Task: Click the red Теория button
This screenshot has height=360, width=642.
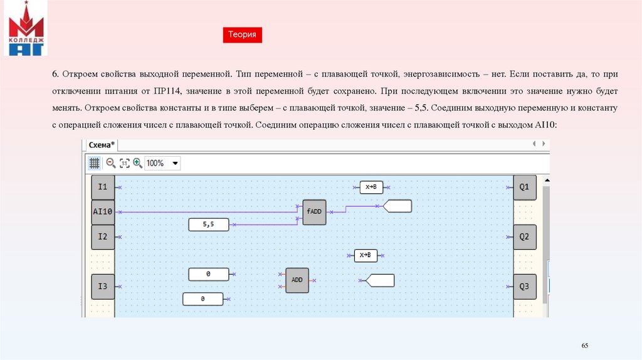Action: click(242, 35)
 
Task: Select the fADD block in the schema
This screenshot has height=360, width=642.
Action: click(314, 212)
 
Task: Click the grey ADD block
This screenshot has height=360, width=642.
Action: click(297, 280)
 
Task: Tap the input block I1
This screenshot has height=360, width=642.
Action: click(103, 187)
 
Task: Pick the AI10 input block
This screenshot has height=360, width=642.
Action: click(103, 212)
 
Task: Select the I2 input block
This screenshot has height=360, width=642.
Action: click(103, 237)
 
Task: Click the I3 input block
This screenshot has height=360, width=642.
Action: click(103, 287)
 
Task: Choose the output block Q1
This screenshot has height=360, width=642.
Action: click(525, 187)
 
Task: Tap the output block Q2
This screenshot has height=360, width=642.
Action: click(525, 237)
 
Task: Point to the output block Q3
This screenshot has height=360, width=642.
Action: click(525, 287)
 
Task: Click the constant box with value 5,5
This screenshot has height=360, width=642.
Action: click(209, 224)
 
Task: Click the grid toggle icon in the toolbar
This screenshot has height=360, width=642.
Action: click(94, 163)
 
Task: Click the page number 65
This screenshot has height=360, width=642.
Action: click(585, 346)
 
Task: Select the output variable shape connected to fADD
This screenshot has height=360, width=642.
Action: click(397, 206)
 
